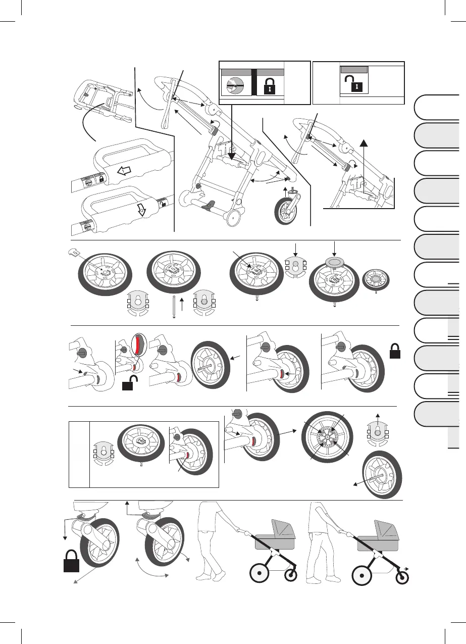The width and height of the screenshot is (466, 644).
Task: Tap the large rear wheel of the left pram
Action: coord(259,574)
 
